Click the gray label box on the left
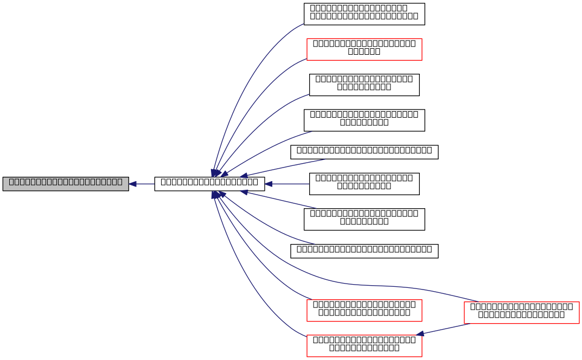(x=66, y=184)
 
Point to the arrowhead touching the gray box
(x=132, y=184)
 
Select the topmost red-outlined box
(x=364, y=49)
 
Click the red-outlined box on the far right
(x=522, y=313)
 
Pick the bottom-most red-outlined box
(x=364, y=346)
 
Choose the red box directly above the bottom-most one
(x=364, y=311)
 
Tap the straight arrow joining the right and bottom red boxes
(x=442, y=329)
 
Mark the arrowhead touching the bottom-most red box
(x=420, y=334)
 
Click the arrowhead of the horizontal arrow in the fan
(x=268, y=184)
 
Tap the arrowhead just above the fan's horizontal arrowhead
(x=244, y=175)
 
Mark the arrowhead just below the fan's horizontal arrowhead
(x=244, y=191)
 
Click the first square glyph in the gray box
(x=11, y=182)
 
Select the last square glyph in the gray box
(x=119, y=182)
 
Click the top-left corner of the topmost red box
(x=307, y=38)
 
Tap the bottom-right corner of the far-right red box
(x=579, y=323)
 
